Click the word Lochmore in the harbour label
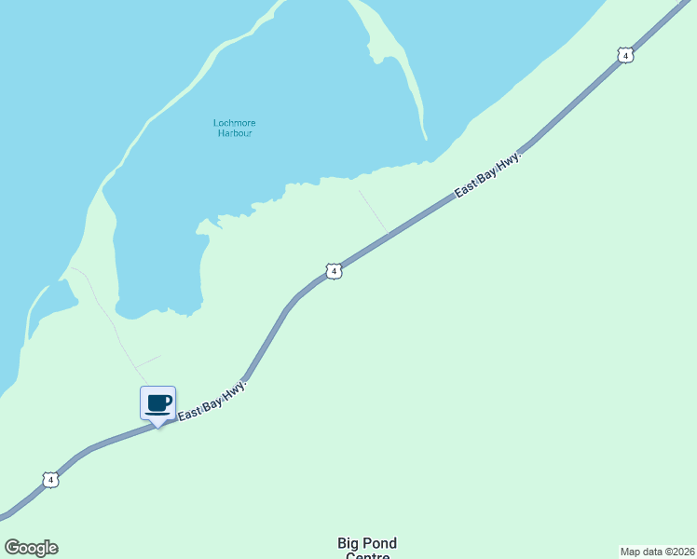234,123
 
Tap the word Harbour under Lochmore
235,133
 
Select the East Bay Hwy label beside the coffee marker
212,400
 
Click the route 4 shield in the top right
625,55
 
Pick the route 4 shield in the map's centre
334,271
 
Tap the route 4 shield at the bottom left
50,480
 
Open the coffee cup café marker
157,402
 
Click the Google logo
31,548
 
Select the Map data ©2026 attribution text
657,551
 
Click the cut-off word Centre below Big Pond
367,556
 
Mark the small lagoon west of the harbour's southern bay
55,298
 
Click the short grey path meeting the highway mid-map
373,211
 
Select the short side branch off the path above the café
147,361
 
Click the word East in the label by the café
189,411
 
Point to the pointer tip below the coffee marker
157,426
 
